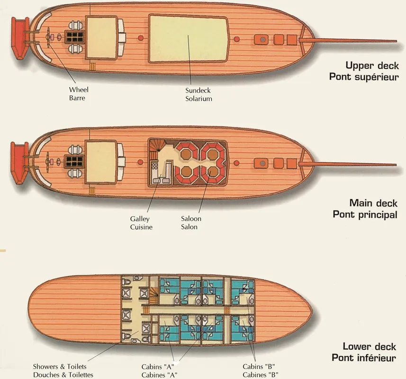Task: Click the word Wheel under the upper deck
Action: click(x=79, y=90)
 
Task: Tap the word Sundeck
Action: click(x=198, y=91)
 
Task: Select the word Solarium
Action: click(x=198, y=99)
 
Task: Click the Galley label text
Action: click(x=140, y=219)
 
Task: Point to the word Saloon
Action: click(x=191, y=219)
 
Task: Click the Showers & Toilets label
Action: click(x=60, y=367)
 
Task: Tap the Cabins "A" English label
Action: click(x=157, y=367)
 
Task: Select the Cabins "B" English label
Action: click(x=259, y=367)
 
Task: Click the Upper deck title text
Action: click(x=372, y=66)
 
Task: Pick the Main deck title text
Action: click(x=373, y=203)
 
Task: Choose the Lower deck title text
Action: click(x=369, y=347)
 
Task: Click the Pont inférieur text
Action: click(x=364, y=358)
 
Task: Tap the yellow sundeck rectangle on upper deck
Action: click(x=188, y=38)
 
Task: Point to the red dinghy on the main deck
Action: click(x=19, y=163)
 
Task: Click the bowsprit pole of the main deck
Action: click(x=347, y=164)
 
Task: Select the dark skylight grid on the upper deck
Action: click(x=74, y=37)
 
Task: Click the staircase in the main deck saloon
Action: click(x=157, y=145)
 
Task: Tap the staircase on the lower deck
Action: click(x=153, y=296)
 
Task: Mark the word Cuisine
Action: click(x=141, y=227)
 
